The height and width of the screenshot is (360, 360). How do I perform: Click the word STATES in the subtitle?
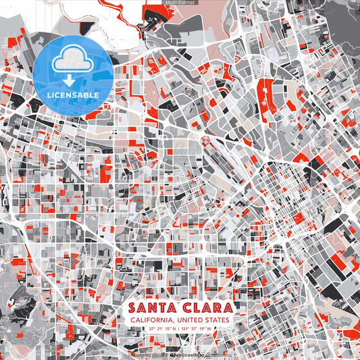pyautogui.click(x=217, y=319)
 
